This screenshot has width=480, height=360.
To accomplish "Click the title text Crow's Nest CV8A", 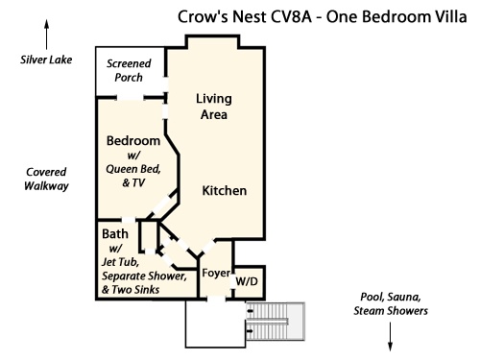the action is pyautogui.click(x=245, y=17).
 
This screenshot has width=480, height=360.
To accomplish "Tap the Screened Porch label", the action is pyautogui.click(x=129, y=70).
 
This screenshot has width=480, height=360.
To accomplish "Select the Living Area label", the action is pyautogui.click(x=214, y=107).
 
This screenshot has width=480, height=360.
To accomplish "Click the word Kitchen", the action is pyautogui.click(x=225, y=191).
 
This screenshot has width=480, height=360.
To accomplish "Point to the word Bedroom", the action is pyautogui.click(x=133, y=141).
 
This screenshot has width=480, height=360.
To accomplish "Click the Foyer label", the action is pyautogui.click(x=216, y=274).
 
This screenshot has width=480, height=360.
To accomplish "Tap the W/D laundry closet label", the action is pyautogui.click(x=247, y=281).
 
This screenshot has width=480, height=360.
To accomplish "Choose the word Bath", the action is pyautogui.click(x=115, y=234).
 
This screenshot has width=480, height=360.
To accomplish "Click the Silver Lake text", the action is pyautogui.click(x=46, y=60).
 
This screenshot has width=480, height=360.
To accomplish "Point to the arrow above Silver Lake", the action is pyautogui.click(x=47, y=35).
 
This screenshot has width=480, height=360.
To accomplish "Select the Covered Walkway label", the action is pyautogui.click(x=46, y=180).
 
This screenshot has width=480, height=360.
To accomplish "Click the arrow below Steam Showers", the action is pyautogui.click(x=390, y=337).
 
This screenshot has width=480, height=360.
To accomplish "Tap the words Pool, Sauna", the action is pyautogui.click(x=391, y=298).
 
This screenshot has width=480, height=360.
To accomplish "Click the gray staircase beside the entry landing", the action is pyautogui.click(x=275, y=322).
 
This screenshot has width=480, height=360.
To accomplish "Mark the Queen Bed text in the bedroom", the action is pyautogui.click(x=133, y=169).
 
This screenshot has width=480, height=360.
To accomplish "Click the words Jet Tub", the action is pyautogui.click(x=120, y=262).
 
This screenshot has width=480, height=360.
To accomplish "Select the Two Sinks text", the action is pyautogui.click(x=135, y=290).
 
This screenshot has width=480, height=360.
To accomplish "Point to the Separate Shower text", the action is pyautogui.click(x=144, y=276).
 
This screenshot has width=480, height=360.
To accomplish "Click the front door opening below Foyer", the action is pyautogui.click(x=216, y=300).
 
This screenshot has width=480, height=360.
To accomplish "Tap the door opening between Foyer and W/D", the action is pyautogui.click(x=233, y=281).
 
